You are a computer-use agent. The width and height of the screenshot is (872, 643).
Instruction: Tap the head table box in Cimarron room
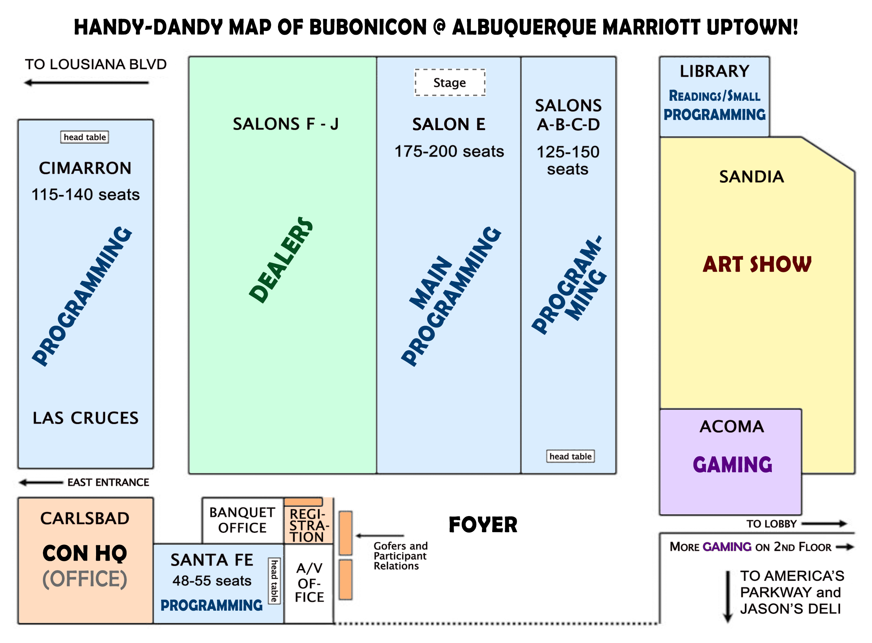[84, 137]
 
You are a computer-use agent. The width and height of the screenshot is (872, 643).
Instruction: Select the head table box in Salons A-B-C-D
[570, 456]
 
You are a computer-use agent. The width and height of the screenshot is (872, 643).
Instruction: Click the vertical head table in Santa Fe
[274, 581]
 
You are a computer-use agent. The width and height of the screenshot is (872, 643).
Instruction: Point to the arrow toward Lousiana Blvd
[87, 82]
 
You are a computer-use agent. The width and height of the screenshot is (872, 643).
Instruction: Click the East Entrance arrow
[41, 483]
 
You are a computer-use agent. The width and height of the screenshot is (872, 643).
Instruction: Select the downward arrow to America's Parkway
[728, 596]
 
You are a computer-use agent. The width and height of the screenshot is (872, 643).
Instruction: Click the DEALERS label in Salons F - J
[281, 260]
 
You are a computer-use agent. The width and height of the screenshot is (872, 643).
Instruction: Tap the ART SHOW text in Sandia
[757, 264]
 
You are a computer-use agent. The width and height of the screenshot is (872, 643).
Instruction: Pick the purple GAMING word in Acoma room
[732, 465]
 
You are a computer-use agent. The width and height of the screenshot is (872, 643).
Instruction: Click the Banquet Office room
[242, 520]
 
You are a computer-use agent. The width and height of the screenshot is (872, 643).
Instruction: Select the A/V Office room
[309, 583]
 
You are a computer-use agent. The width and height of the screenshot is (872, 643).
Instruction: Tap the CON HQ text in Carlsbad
[85, 553]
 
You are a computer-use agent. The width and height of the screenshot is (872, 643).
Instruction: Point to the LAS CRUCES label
[85, 418]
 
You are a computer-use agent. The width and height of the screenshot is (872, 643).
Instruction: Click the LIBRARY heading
[714, 71]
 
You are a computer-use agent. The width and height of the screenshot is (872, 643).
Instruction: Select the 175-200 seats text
[449, 151]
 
